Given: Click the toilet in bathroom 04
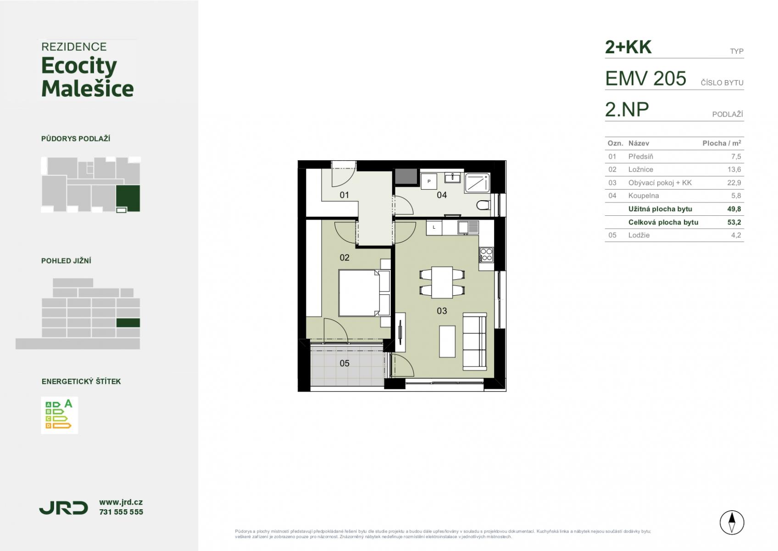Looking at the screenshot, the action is click(483, 205).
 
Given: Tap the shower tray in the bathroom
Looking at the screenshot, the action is click(477, 183).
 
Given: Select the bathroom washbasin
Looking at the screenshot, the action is click(453, 178).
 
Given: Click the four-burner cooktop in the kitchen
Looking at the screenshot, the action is click(486, 254).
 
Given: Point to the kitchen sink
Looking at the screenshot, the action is click(468, 228).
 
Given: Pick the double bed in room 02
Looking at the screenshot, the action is click(360, 293).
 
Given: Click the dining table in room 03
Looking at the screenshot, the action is click(442, 282).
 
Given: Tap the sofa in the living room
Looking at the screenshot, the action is click(474, 341).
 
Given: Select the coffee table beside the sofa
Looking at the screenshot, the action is click(447, 341).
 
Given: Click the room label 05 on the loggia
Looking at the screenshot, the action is click(344, 363).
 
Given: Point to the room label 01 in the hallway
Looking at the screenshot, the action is click(344, 195).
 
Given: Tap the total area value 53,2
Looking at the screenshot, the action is click(734, 222).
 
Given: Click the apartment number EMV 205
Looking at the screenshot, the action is click(646, 78).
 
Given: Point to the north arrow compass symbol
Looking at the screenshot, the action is click(732, 523).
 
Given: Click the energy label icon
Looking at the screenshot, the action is click(59, 415).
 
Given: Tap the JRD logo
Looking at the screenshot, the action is click(64, 508).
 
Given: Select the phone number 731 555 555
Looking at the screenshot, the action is click(121, 512).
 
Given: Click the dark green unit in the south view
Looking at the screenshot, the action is click(128, 323).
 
